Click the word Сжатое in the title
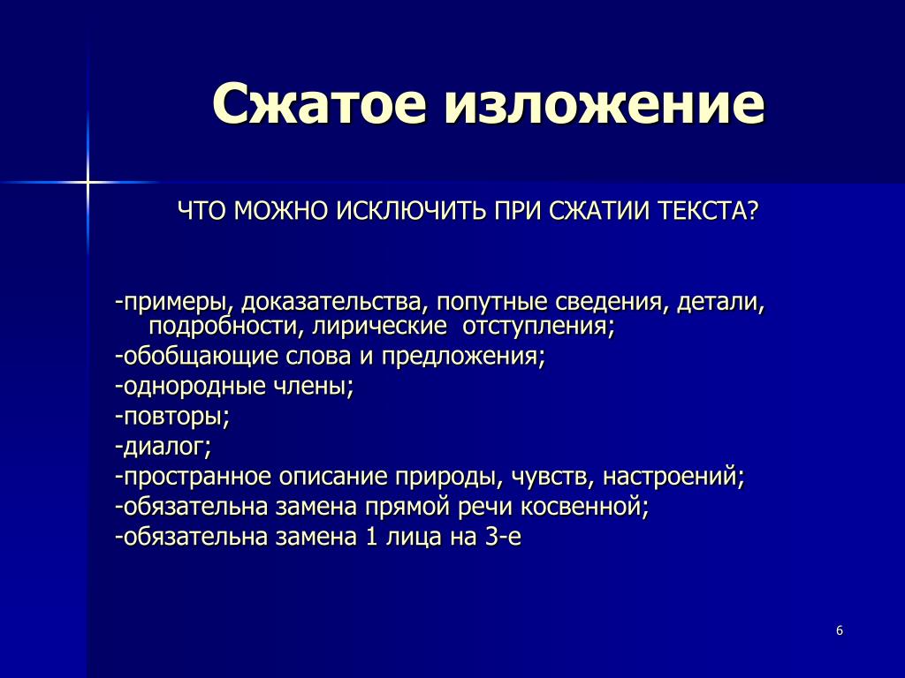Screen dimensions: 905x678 click(319, 103)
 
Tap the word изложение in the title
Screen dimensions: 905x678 click(605, 103)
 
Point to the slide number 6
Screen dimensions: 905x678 click(840, 630)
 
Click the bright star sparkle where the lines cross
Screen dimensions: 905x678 click(87, 183)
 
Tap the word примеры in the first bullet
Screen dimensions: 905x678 click(177, 303)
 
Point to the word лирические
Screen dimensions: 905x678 click(379, 327)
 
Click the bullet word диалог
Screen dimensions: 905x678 click(167, 446)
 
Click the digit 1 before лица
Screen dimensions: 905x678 click(371, 537)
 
